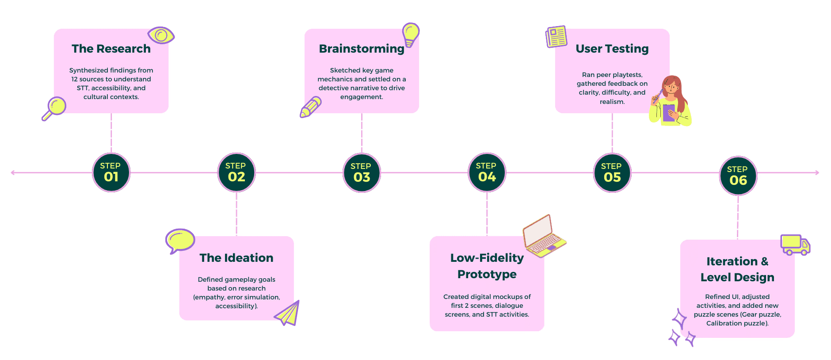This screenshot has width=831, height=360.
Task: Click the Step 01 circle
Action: pos(111,172)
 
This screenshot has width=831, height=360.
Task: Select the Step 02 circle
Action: pos(236,172)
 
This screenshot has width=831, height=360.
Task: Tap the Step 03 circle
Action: pos(362,172)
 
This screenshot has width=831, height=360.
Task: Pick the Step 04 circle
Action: pos(487,172)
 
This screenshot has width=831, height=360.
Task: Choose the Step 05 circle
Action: pos(612,172)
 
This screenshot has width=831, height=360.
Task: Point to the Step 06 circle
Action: pos(738,176)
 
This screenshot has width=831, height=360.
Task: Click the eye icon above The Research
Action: pos(161,35)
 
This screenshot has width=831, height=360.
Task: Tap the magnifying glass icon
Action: pos(54,108)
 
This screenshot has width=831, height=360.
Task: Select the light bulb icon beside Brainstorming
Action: pos(410,34)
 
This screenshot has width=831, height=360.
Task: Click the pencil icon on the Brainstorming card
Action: pos(311,107)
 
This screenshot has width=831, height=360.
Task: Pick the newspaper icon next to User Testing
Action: pos(557,36)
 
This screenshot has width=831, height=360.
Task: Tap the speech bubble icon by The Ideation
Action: pos(180,241)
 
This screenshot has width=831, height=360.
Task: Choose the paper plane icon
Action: pos(288,314)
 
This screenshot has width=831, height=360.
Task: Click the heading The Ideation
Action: pos(236,258)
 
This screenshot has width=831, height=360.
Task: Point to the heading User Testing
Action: pos(612,49)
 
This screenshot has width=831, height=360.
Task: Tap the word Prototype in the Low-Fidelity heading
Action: pos(487,274)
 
